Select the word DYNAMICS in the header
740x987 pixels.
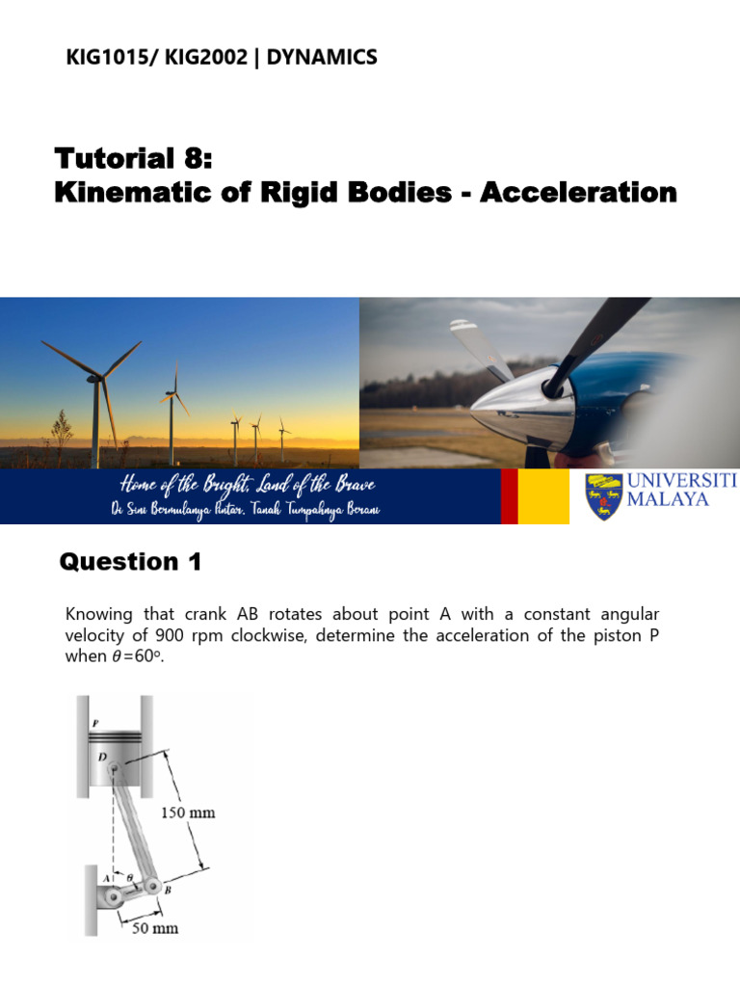[322, 58]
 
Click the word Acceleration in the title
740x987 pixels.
[578, 192]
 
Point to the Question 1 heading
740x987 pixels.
[130, 562]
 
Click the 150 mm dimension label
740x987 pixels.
[187, 813]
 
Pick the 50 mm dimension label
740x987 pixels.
[154, 928]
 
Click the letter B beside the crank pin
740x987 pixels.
[168, 892]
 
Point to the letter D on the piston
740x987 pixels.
[101, 759]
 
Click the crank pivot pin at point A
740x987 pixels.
[115, 898]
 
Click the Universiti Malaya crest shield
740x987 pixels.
[603, 495]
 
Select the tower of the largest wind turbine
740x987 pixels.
[95, 424]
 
